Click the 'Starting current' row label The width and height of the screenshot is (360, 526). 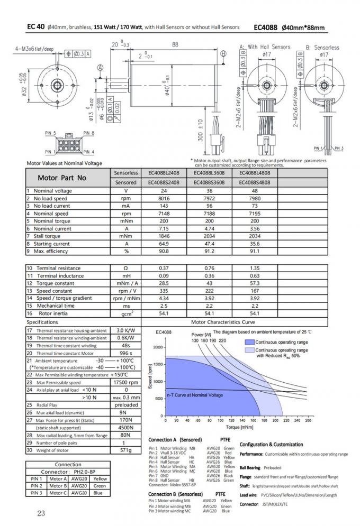coord(51,244)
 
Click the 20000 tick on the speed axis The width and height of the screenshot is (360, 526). coord(157,347)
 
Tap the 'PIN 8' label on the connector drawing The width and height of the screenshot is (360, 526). coord(89,133)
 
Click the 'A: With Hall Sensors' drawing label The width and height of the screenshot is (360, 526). coord(265,47)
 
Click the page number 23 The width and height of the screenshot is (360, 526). coord(41,512)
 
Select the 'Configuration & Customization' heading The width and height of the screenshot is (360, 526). coord(271,445)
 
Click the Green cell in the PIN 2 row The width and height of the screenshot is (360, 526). coord(99,485)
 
